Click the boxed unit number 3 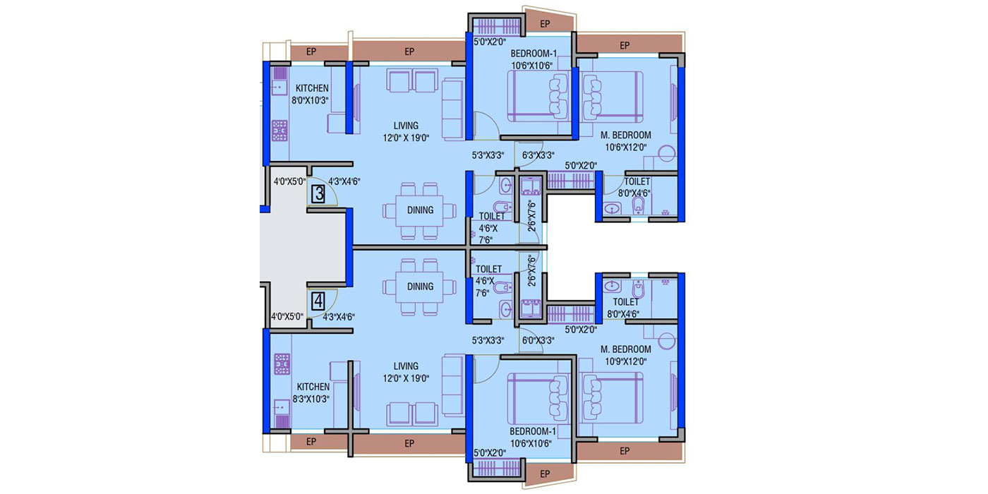(x=318, y=194)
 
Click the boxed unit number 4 (x=318, y=302)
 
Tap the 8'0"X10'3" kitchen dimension (x=310, y=100)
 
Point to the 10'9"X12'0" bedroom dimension (x=625, y=361)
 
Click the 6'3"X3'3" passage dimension (x=538, y=155)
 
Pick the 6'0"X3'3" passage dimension (x=538, y=340)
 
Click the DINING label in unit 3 (x=420, y=210)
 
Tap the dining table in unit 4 (x=419, y=287)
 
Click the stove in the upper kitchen (x=280, y=131)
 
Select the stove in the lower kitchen (x=282, y=364)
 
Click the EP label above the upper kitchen (x=311, y=52)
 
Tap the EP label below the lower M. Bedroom (x=624, y=451)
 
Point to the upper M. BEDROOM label (x=625, y=135)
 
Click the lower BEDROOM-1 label (x=533, y=431)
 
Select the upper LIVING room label (x=406, y=126)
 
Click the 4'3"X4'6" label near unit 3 (x=344, y=181)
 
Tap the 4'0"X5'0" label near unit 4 (x=287, y=316)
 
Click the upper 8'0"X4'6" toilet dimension (x=634, y=193)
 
